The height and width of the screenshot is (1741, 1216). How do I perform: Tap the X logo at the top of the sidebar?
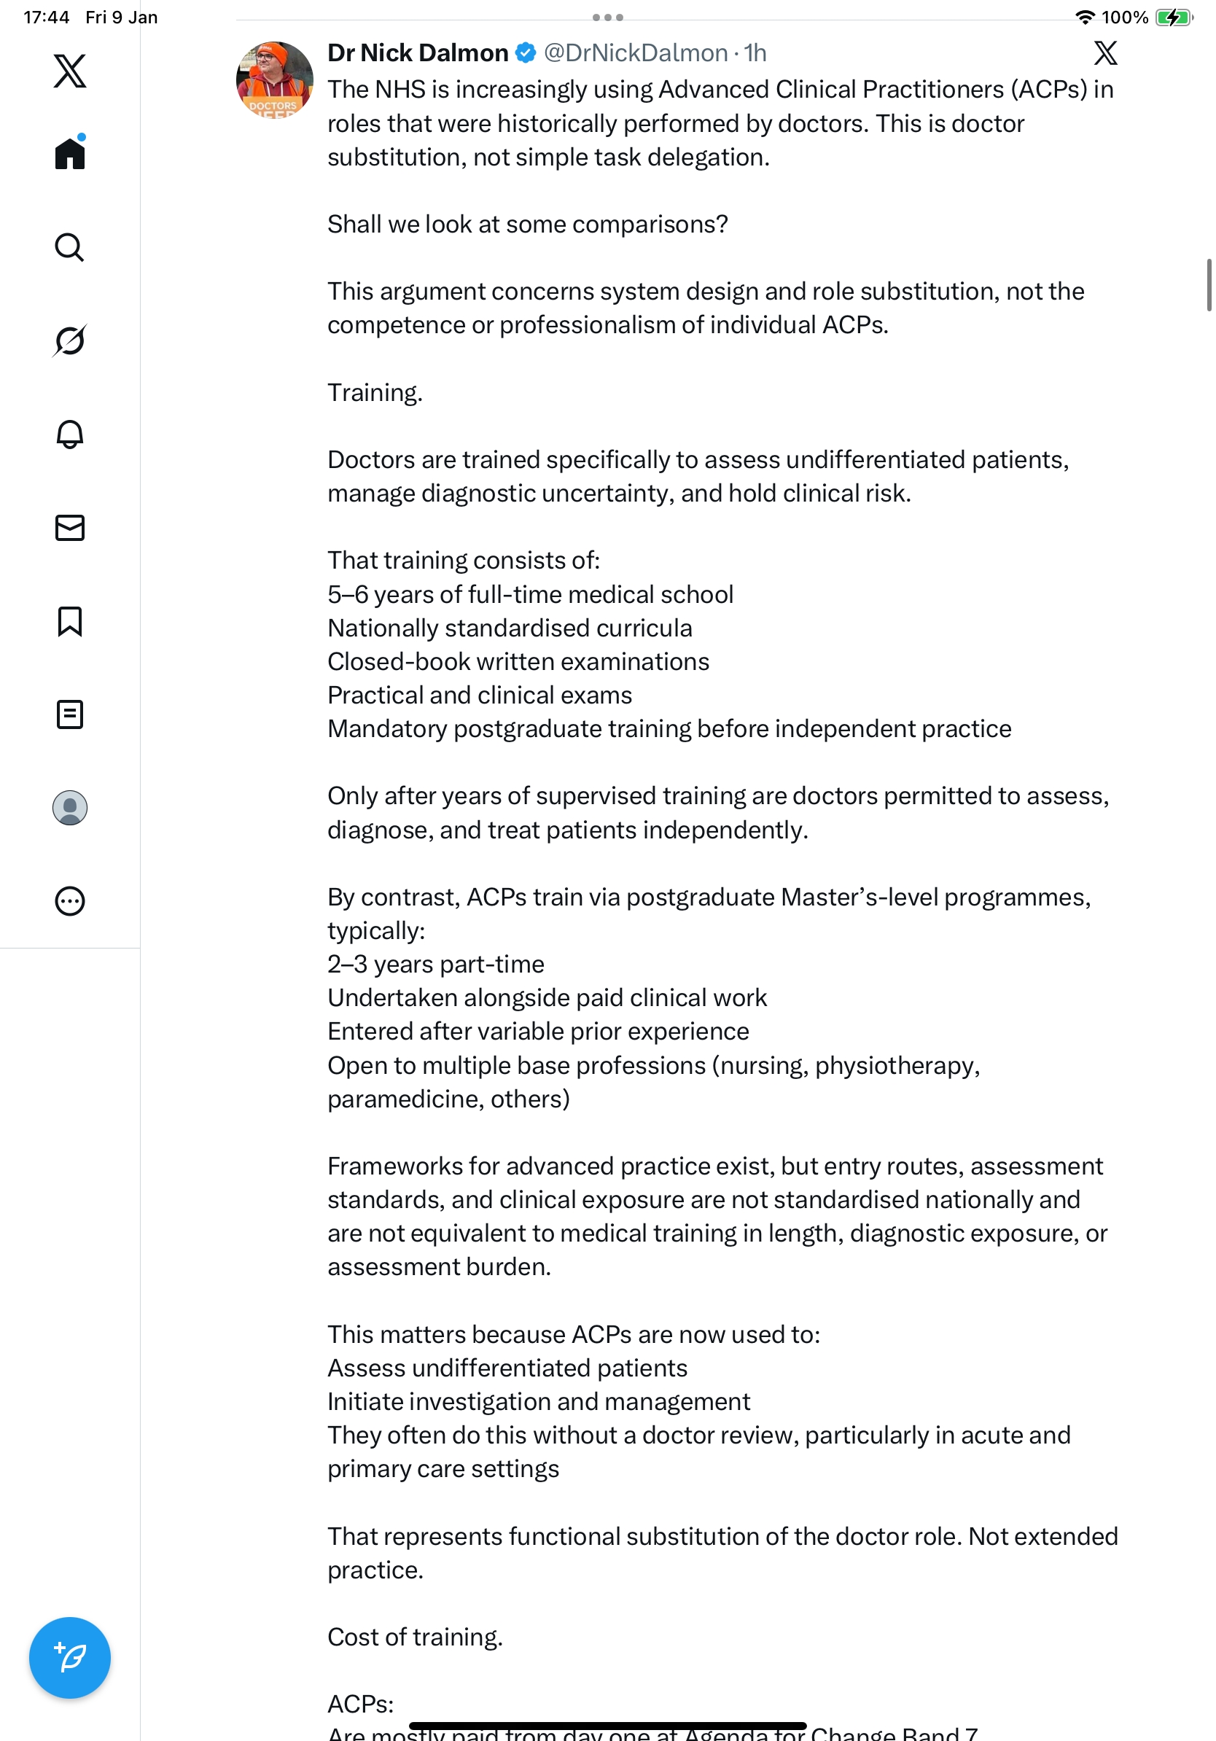tap(70, 71)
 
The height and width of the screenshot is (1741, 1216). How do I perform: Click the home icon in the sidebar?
tap(70, 153)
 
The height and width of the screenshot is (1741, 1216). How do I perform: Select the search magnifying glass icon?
tap(70, 247)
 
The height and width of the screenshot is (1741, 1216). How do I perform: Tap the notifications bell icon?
tap(70, 434)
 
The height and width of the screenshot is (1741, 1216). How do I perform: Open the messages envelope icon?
tap(70, 528)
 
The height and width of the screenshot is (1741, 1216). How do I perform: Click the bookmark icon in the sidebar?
tap(70, 621)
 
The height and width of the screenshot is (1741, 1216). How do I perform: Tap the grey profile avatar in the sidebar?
tap(70, 808)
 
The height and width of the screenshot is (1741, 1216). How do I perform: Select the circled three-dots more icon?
tap(70, 901)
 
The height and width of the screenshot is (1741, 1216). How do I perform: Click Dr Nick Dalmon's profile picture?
tap(274, 79)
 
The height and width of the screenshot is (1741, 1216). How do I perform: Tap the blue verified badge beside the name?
tap(526, 53)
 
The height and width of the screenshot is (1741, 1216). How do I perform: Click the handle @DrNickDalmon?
tap(635, 53)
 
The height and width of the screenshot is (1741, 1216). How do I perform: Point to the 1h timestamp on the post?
tap(755, 53)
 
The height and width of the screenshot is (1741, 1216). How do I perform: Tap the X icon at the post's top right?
tap(1105, 53)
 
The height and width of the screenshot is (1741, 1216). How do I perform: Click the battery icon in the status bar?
tap(1173, 17)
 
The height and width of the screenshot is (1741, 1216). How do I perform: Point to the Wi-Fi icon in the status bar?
tap(1086, 17)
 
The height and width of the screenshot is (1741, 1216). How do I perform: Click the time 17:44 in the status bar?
tap(46, 17)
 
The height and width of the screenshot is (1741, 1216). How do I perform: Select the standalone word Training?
tap(375, 393)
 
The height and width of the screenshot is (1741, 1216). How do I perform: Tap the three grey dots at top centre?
tap(608, 17)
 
